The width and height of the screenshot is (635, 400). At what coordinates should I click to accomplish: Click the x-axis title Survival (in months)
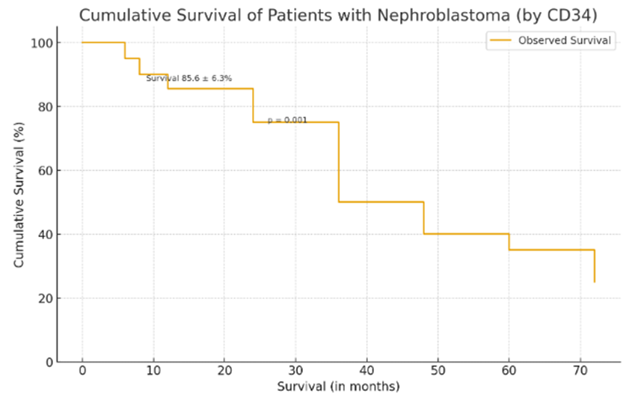338,387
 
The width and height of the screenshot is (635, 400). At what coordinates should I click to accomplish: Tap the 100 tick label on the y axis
42,43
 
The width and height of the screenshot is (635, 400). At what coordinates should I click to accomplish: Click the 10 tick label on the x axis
153,372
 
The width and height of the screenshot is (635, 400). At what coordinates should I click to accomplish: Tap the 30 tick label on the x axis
295,372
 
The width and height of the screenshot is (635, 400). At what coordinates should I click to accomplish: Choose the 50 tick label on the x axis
438,372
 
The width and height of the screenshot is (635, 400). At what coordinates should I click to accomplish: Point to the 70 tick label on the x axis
580,372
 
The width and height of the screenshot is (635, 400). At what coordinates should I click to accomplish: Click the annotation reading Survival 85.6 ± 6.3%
188,78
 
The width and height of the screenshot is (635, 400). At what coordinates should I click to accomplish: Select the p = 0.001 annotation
287,120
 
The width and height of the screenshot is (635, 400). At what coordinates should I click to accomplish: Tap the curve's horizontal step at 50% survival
381,202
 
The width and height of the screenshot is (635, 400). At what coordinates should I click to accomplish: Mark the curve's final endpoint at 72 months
595,282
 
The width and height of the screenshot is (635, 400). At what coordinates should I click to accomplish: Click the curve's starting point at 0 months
82,43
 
